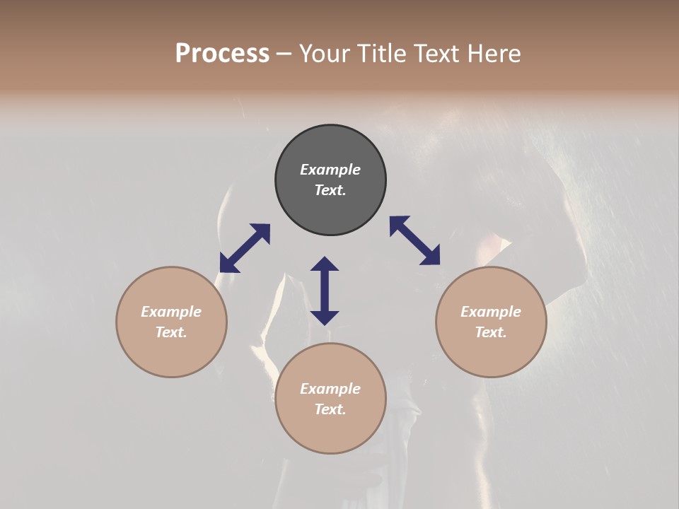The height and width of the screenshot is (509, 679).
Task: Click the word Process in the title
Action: coord(222,54)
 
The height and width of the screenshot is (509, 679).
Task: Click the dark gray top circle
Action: coord(330,212)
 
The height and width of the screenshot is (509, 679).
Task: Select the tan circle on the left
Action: coord(171,353)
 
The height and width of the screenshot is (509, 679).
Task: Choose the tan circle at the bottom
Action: coord(330,431)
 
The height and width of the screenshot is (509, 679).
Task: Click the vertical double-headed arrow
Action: coord(325,291)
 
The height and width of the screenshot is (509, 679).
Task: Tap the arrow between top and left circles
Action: coord(245,248)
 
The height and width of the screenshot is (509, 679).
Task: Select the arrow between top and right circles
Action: coord(414,240)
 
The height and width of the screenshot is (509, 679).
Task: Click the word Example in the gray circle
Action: coord(330,170)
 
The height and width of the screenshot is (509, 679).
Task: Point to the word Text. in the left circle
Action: coord(171,332)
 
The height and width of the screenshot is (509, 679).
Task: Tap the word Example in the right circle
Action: coord(491,312)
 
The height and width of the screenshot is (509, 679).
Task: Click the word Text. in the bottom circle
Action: coord(330,409)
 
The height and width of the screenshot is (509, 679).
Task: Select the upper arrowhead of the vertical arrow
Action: coord(325,264)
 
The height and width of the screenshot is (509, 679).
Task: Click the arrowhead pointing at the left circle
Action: coord(228,264)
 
